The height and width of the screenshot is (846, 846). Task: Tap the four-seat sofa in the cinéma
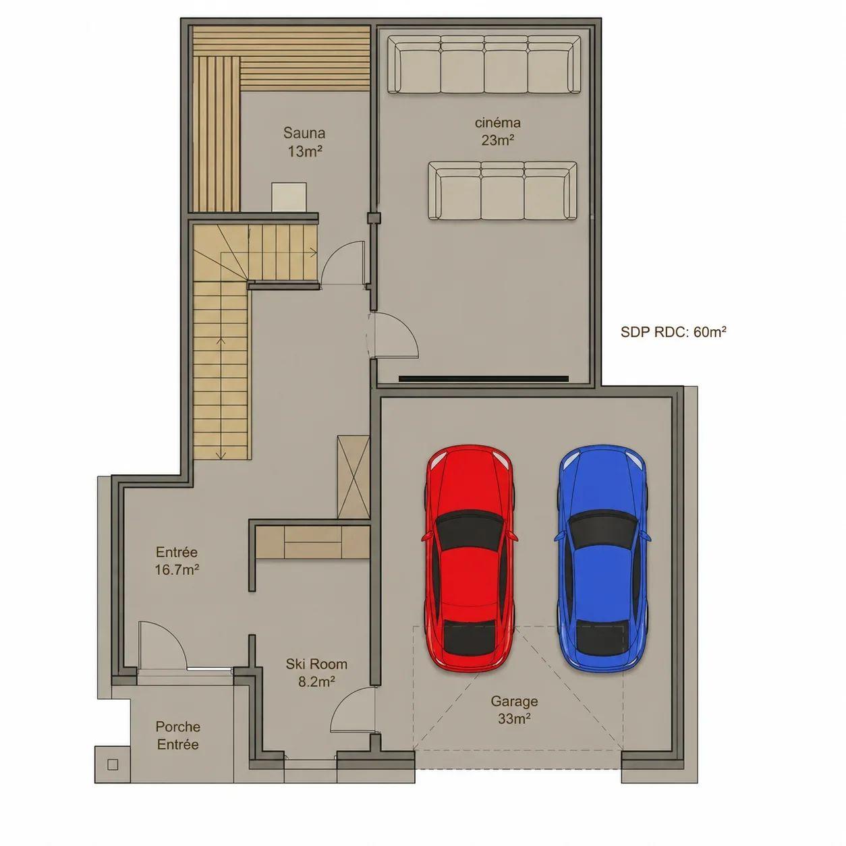[484, 64]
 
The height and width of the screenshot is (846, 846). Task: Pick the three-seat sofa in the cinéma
[502, 190]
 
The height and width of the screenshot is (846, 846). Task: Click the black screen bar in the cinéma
[483, 378]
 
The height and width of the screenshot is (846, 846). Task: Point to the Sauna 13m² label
[305, 142]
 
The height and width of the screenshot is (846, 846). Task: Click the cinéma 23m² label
[497, 132]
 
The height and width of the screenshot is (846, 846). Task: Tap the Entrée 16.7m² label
[177, 561]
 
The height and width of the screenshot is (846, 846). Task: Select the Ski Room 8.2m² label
[316, 673]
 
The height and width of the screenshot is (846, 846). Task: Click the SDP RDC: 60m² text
[673, 332]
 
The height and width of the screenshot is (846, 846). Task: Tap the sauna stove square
[289, 197]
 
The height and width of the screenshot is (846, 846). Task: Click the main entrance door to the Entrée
[163, 646]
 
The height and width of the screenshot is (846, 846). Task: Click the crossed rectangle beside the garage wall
[353, 477]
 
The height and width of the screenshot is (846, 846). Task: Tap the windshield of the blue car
[602, 530]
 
